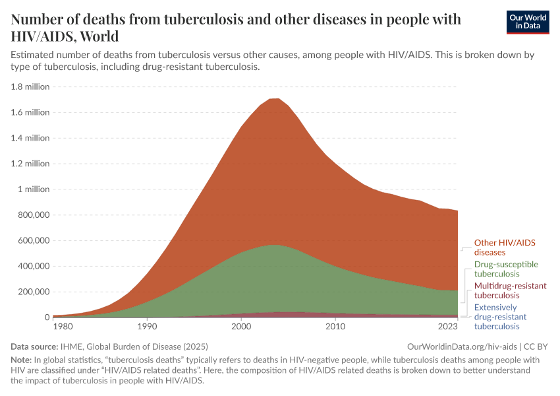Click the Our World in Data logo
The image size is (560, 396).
click(x=527, y=22)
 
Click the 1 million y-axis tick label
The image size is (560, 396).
click(x=34, y=189)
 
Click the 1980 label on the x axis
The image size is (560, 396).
click(x=63, y=326)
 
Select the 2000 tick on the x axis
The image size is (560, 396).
click(x=241, y=326)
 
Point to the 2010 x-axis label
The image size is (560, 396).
click(x=335, y=326)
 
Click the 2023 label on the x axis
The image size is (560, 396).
click(x=448, y=326)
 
